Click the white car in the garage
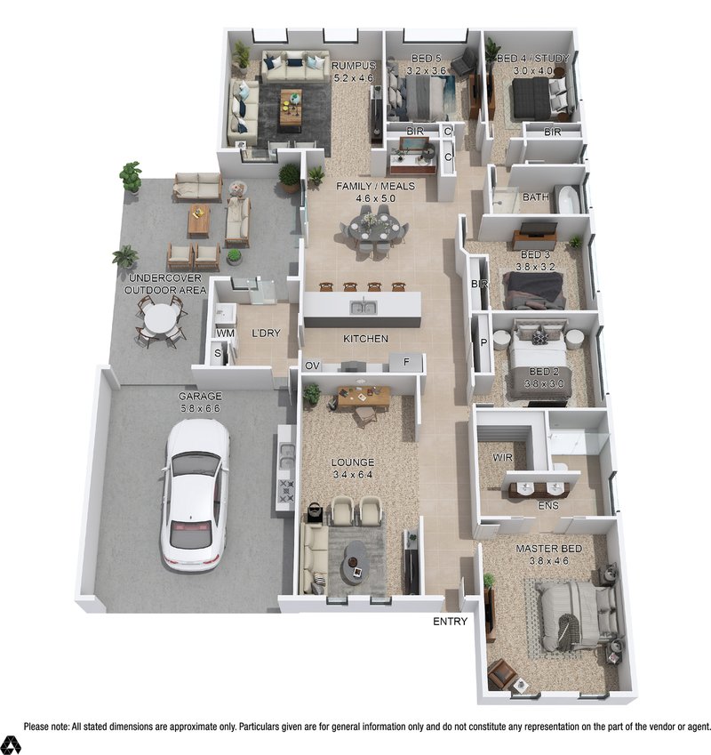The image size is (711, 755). click(x=196, y=495)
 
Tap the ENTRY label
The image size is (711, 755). click(x=450, y=621)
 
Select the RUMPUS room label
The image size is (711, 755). click(x=354, y=66)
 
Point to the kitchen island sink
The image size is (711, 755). click(x=363, y=307)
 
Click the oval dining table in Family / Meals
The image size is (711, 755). click(x=375, y=228)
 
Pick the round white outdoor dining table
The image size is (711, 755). click(x=161, y=318)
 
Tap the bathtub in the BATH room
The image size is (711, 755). click(x=569, y=198)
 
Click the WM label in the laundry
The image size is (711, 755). click(x=226, y=333)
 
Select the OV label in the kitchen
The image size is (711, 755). click(x=312, y=366)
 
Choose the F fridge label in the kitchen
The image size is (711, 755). click(x=406, y=361)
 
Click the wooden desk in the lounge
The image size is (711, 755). click(x=363, y=398)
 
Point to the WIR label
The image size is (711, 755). click(x=503, y=457)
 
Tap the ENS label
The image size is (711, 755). click(x=548, y=505)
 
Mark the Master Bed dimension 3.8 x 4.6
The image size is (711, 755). click(x=549, y=561)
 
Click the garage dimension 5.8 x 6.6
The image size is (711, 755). click(x=200, y=408)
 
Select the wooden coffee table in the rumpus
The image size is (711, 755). click(x=291, y=107)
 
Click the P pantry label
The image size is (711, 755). click(x=484, y=343)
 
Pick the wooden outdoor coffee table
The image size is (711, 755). click(x=199, y=220)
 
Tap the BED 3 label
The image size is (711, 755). click(x=535, y=254)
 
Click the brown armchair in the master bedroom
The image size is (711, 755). click(x=500, y=674)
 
